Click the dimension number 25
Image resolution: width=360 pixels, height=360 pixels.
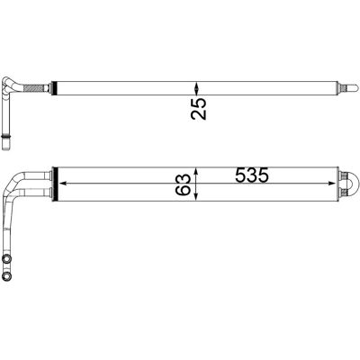click(199, 108)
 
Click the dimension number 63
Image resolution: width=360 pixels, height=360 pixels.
click(184, 184)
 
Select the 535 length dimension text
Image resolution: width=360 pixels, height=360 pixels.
click(252, 175)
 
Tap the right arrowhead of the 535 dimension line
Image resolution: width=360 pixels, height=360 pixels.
click(332, 184)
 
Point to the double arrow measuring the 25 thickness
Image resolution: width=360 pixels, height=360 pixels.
click(196, 88)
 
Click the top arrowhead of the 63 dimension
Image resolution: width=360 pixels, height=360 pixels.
click(196, 171)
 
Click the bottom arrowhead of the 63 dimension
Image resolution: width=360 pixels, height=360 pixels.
click(196, 197)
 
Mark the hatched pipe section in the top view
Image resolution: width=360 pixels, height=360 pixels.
click(34, 88)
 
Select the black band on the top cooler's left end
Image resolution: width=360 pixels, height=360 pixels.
click(54, 88)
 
